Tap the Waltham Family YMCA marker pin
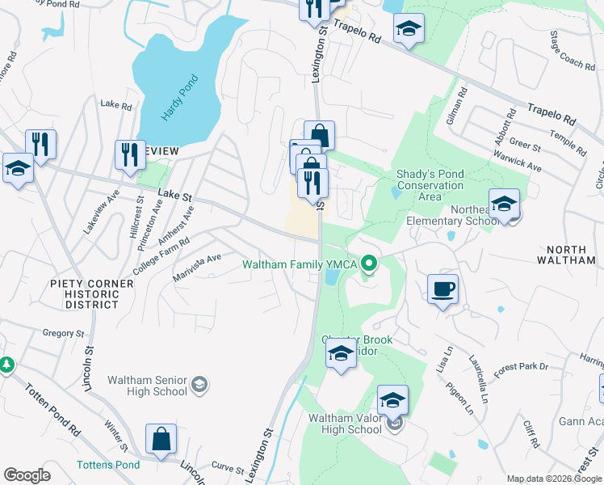coord(370,264)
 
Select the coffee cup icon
coord(443,289)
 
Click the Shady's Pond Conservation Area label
coord(430,185)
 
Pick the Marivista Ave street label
coord(196,269)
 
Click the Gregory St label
coord(63,333)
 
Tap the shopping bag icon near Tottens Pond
coord(161,439)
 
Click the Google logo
coord(27,475)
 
